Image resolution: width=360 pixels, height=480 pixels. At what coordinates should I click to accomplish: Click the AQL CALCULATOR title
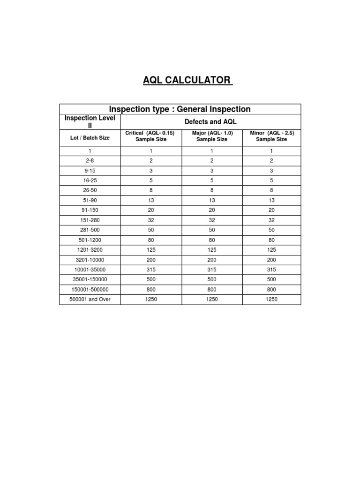[x=187, y=80]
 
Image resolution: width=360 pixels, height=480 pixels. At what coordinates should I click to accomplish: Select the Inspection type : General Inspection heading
[x=180, y=109]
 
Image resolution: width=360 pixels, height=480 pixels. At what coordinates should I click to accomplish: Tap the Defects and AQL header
[x=210, y=121]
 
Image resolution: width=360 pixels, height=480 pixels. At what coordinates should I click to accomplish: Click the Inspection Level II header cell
[x=90, y=121]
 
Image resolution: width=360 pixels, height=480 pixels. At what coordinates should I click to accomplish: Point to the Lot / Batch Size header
[x=90, y=138]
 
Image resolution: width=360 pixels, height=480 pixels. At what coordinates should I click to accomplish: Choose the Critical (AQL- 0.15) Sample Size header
[x=151, y=136]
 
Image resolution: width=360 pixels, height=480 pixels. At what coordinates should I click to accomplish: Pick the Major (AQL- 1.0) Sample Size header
[x=212, y=136]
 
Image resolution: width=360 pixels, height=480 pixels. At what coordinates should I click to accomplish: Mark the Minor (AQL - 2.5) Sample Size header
[x=271, y=136]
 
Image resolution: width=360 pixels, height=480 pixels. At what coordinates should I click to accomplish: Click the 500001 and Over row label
[x=90, y=299]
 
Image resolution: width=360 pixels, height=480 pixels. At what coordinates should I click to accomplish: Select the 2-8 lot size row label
[x=90, y=160]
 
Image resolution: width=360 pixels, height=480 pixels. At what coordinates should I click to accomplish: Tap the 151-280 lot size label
[x=90, y=220]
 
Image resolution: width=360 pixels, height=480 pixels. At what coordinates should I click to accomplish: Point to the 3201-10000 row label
[x=90, y=259]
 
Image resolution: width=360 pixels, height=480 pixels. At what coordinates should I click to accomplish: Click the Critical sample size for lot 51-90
[x=151, y=200]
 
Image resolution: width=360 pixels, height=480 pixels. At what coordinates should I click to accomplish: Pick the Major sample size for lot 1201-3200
[x=212, y=249]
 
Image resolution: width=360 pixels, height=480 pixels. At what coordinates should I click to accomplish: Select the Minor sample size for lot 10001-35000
[x=271, y=270]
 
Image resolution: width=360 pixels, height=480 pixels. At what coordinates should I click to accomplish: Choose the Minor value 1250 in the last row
[x=271, y=299]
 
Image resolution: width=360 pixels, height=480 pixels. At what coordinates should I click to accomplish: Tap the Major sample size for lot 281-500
[x=212, y=230]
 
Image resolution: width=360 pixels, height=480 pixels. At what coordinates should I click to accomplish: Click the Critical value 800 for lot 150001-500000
[x=151, y=289]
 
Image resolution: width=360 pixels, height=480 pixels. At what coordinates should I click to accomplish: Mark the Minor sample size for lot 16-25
[x=271, y=180]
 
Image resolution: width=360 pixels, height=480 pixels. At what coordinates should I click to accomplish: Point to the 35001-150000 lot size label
[x=90, y=279]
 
